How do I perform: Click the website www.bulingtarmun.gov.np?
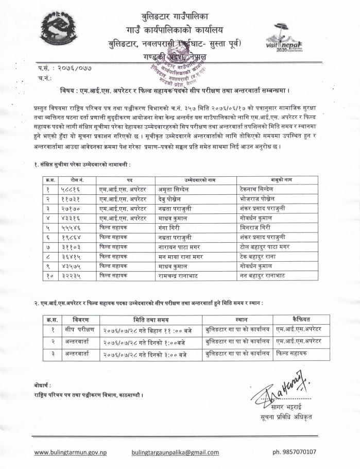pos(71,453)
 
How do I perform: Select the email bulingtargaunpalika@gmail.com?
pos(175,453)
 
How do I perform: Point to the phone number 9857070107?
pos(302,453)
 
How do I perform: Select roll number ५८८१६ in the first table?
pos(70,189)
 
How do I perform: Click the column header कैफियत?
pos(301,318)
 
